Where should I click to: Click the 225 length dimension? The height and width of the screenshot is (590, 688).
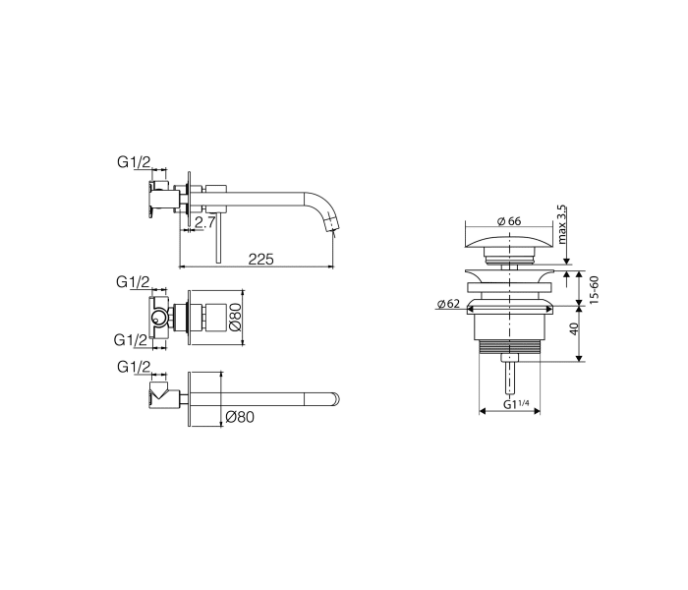[260, 259]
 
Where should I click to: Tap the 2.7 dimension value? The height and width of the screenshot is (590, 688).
[204, 223]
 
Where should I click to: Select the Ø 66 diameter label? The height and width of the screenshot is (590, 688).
[507, 221]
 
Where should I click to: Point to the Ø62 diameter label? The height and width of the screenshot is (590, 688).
[449, 304]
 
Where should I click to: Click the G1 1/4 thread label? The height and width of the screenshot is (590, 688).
[516, 403]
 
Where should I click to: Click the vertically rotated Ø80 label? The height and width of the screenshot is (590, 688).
[235, 316]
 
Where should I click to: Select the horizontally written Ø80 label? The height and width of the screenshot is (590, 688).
[240, 416]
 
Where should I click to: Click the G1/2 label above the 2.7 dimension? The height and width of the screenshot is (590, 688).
[134, 162]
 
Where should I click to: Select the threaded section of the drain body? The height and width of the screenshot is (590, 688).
[508, 346]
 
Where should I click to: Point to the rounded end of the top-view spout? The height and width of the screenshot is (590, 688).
[336, 398]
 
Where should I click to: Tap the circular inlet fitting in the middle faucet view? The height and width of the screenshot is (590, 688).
[157, 317]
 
